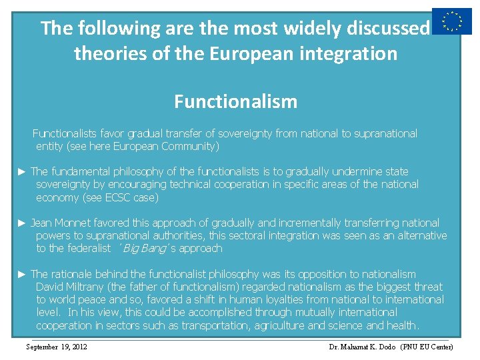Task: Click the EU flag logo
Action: (451, 21)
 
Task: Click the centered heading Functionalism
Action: (235, 102)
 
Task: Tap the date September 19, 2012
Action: (56, 347)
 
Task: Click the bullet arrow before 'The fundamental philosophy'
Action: (22, 172)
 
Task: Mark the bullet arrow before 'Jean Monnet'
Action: (22, 223)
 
